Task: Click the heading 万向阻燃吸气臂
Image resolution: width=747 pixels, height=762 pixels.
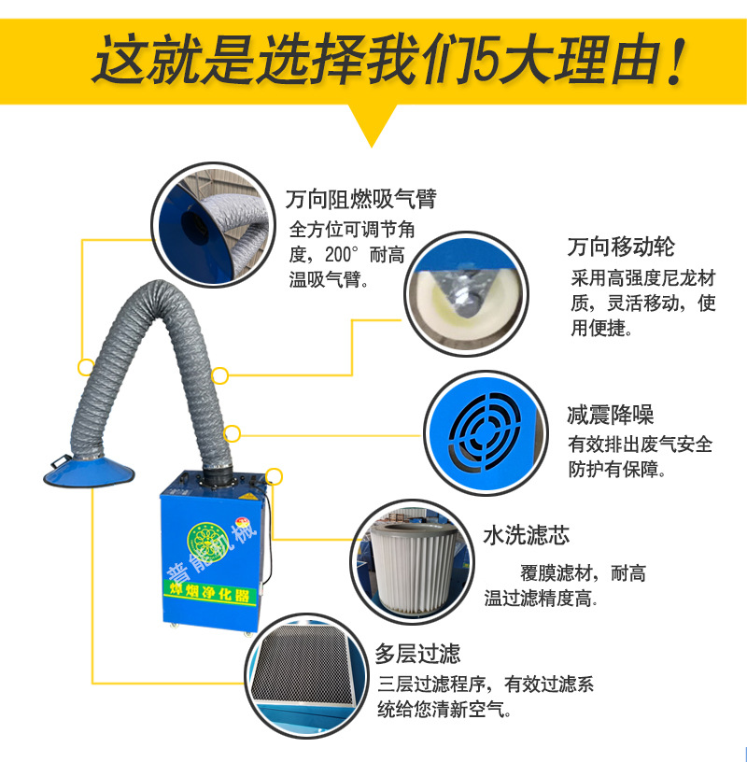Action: click(360, 199)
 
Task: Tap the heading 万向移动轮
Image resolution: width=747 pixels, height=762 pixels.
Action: click(621, 247)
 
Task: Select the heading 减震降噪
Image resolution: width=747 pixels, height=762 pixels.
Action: click(610, 415)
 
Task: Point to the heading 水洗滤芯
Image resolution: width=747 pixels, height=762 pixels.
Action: click(527, 535)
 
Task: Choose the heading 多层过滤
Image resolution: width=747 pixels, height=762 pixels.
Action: click(417, 654)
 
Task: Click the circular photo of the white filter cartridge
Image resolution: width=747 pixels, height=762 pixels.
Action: click(412, 562)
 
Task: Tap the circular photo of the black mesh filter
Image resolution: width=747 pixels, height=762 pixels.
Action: click(306, 676)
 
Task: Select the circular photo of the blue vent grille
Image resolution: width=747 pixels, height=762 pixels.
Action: click(486, 433)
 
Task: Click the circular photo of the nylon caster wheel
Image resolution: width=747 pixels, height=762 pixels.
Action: click(467, 293)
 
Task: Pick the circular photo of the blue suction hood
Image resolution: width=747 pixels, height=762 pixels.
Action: click(214, 225)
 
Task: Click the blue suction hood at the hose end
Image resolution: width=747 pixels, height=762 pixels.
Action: click(89, 471)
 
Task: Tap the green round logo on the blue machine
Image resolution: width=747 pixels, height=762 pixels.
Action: click(207, 542)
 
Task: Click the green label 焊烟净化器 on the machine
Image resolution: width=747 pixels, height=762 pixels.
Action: click(209, 592)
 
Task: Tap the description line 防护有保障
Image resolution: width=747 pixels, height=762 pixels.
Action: click(617, 470)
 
